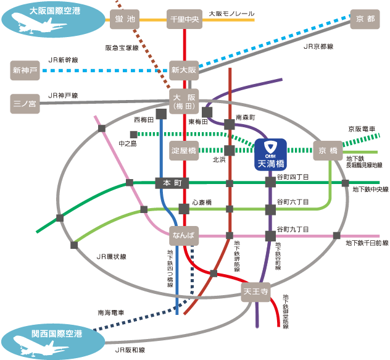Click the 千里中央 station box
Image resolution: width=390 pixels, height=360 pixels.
(185, 20)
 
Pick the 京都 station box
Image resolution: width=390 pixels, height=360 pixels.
(365, 20)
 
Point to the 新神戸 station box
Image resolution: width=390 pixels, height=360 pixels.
(25, 70)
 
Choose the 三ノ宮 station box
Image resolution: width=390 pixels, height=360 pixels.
(25, 104)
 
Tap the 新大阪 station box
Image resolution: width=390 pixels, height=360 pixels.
(185, 70)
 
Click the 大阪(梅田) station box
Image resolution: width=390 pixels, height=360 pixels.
(185, 102)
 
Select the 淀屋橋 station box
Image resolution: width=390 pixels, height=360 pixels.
(184, 150)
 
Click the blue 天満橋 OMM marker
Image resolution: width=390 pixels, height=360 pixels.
(270, 153)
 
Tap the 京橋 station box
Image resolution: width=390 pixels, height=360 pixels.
(326, 150)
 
